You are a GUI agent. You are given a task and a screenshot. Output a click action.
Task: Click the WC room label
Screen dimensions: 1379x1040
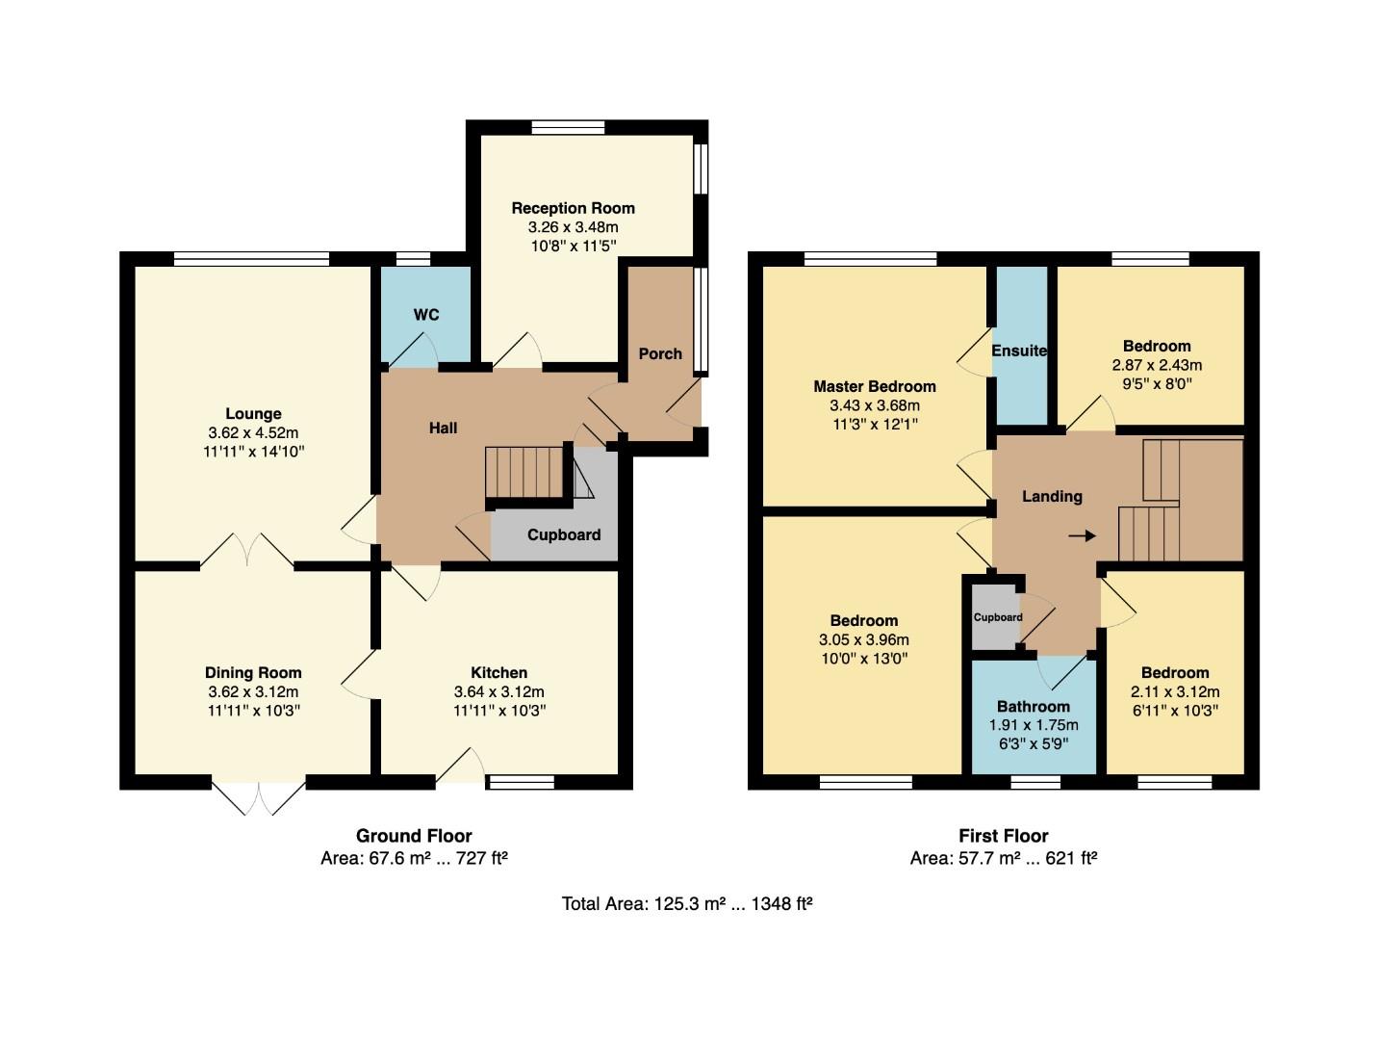click(x=426, y=315)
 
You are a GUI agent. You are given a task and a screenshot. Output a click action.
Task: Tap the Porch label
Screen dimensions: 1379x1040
click(x=660, y=353)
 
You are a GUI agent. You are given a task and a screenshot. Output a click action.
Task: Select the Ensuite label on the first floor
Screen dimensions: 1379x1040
click(x=1019, y=351)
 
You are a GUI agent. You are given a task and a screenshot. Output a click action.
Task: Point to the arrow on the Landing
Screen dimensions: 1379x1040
click(x=1082, y=536)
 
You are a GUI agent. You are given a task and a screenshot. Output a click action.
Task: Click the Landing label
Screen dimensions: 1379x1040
click(x=1053, y=497)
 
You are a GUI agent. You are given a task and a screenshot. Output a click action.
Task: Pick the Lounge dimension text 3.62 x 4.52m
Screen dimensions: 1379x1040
click(x=253, y=433)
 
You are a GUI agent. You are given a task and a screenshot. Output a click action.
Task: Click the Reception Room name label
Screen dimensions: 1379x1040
click(x=573, y=208)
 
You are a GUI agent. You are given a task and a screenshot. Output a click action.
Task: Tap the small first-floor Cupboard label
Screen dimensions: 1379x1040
click(x=998, y=617)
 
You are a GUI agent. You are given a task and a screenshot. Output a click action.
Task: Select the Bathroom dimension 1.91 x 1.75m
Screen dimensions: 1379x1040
click(x=1034, y=725)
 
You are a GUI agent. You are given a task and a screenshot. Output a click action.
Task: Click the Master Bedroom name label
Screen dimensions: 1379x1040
click(x=875, y=386)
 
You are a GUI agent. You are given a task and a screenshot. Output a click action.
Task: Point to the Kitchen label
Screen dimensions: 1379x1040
click(x=498, y=672)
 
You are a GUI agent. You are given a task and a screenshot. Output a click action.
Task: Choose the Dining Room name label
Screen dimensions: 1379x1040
click(x=253, y=673)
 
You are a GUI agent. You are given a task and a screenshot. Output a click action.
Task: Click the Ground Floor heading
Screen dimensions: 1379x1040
click(x=414, y=836)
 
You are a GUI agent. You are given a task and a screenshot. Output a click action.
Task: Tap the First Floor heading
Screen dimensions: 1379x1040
click(x=1004, y=836)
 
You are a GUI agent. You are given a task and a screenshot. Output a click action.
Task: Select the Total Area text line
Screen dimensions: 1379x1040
click(x=687, y=903)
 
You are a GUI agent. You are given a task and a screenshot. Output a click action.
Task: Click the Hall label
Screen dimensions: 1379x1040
click(x=443, y=428)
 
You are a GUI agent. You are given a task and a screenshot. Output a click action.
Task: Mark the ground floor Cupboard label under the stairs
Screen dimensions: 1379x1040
click(x=564, y=534)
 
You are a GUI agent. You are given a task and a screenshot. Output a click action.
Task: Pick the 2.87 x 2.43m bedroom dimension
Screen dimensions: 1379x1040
click(x=1157, y=365)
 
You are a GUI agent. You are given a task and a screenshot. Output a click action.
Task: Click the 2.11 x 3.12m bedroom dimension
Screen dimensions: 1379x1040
click(x=1175, y=691)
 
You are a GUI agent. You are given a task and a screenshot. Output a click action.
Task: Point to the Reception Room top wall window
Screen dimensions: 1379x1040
click(x=568, y=127)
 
